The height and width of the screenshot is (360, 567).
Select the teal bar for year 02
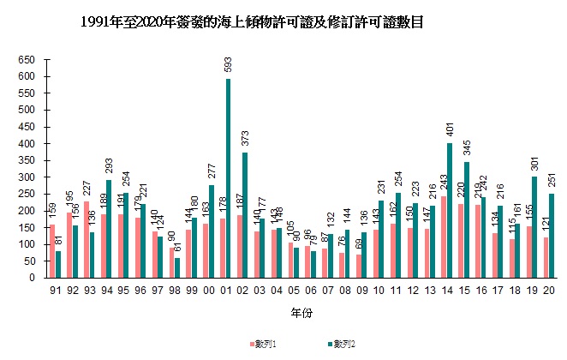point(246,215)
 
